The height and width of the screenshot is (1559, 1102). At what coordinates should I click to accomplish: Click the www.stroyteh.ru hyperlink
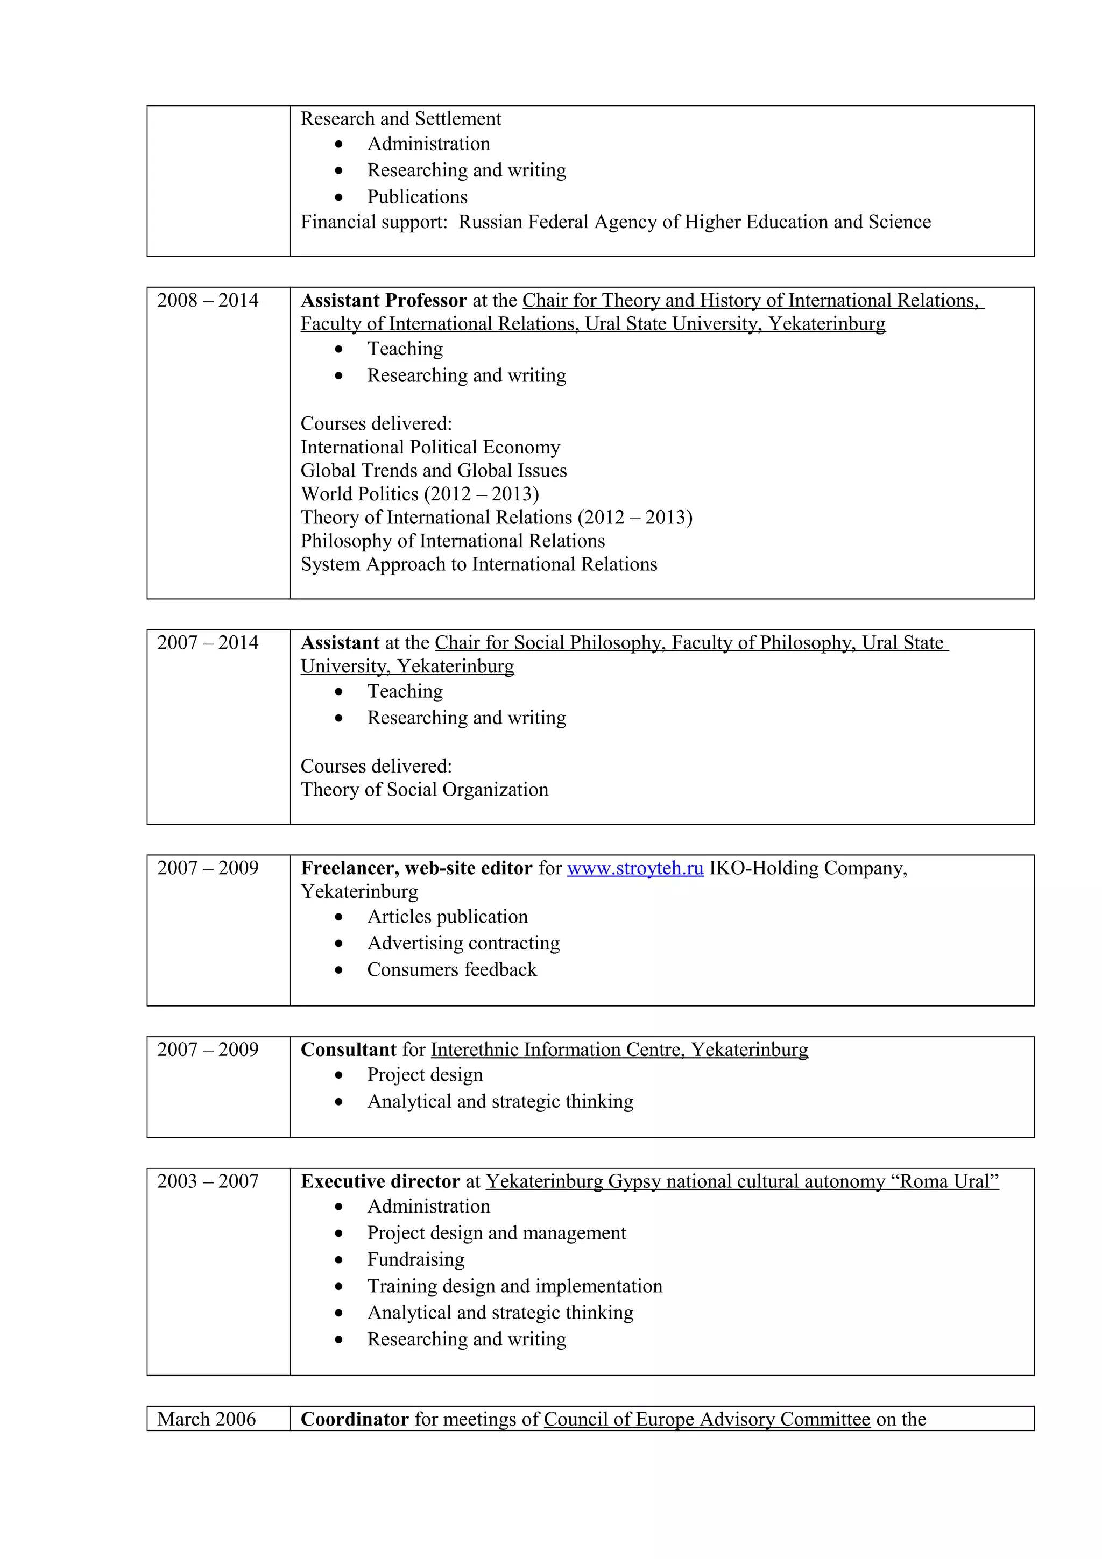pos(635,868)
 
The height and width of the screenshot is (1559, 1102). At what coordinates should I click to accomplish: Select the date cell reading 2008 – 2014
pos(208,301)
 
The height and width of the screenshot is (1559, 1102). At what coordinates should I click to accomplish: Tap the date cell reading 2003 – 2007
pos(208,1181)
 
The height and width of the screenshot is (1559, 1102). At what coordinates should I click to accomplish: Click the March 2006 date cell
pos(207,1419)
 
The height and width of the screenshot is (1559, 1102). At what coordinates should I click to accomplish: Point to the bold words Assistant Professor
pos(384,301)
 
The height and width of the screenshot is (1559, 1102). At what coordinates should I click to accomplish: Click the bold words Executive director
pos(380,1181)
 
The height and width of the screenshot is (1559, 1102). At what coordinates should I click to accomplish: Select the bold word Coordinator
pos(355,1419)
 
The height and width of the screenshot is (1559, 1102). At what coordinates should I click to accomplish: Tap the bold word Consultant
pos(348,1050)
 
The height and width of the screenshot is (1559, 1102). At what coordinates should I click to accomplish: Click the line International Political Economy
pos(430,448)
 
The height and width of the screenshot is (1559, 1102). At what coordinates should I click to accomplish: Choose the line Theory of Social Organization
pos(425,790)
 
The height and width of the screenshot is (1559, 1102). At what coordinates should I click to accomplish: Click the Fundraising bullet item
pos(415,1259)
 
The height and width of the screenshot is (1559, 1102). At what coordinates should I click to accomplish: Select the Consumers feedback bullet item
pos(451,969)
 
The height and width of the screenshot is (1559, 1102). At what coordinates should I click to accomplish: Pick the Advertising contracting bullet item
pos(463,943)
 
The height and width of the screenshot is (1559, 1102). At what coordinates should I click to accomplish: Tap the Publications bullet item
pos(417,197)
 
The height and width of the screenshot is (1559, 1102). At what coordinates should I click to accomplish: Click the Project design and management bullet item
pos(496,1233)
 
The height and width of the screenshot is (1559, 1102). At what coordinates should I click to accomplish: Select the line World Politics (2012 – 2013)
pos(420,494)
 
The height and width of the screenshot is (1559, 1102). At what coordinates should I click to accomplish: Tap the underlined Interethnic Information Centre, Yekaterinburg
pos(619,1050)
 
